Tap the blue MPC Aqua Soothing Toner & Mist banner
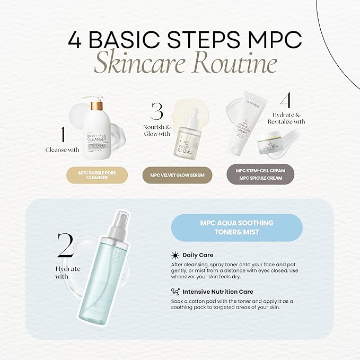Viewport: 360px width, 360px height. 237,227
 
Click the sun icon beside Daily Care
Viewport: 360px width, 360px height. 175,255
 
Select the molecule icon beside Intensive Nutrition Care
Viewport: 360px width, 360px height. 175,291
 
